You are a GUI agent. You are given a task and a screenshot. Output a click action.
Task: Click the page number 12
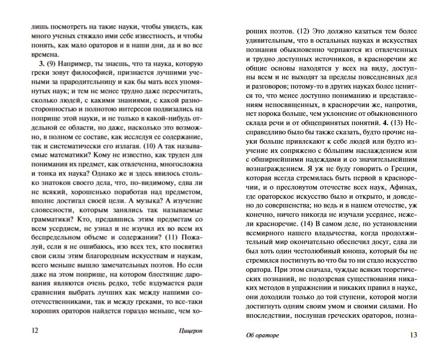[x=35, y=331]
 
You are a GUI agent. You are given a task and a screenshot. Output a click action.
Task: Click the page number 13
[x=413, y=335]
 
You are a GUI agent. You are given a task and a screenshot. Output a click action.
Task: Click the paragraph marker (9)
[x=52, y=64]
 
